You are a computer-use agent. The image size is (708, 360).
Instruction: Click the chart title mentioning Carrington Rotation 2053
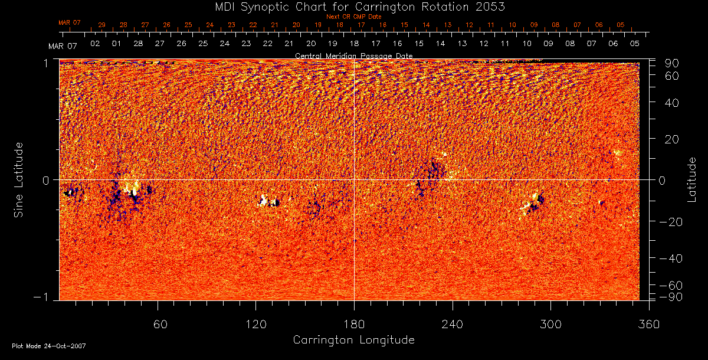pos(353,7)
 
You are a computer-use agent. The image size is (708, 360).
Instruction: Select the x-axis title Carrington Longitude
pos(353,340)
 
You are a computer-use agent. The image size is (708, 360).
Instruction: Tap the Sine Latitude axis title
pos(19,179)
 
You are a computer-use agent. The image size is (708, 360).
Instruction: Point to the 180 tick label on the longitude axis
pos(354,324)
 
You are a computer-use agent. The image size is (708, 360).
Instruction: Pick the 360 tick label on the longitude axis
pos(649,324)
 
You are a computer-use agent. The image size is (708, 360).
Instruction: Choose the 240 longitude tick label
pos(453,324)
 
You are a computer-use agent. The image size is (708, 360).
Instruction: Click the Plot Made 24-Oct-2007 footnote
pos(49,346)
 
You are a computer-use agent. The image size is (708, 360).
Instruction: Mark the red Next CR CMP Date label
pos(354,17)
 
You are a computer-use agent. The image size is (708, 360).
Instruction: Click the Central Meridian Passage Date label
pos(353,55)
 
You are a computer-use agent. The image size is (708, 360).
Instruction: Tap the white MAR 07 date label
pos(63,45)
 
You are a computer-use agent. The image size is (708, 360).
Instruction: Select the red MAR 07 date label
pos(69,22)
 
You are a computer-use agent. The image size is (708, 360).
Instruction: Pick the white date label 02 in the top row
pos(94,44)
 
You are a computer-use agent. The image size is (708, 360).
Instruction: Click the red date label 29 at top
pos(101,25)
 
